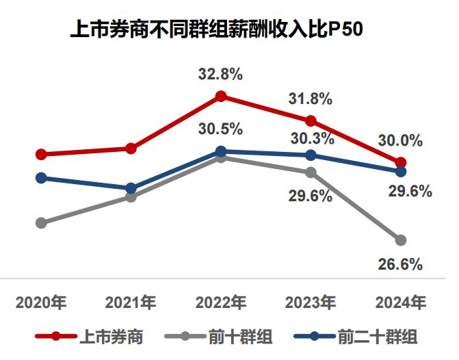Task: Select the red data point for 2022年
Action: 221,97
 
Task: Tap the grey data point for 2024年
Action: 401,240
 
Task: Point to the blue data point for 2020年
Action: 41,178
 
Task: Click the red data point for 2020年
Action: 41,154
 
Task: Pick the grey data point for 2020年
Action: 41,222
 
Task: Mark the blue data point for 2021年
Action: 131,188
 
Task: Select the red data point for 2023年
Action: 311,120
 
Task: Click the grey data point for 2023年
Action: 311,172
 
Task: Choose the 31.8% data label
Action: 311,99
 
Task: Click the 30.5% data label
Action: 221,129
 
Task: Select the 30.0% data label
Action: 400,140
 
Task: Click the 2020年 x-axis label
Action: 41,302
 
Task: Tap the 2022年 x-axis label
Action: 221,302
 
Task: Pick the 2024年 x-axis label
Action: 401,302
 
